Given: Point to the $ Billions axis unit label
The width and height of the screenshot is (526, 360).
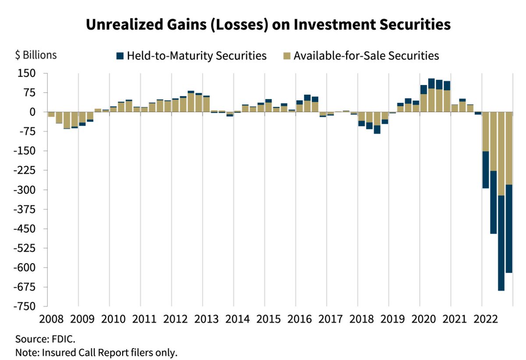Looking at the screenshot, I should tap(36, 56).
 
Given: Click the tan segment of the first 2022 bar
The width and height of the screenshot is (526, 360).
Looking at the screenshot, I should tap(486, 131).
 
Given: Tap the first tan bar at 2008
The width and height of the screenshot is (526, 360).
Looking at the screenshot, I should tap(51, 115).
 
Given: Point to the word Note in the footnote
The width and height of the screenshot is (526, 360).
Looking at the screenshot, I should tap(25, 352).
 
